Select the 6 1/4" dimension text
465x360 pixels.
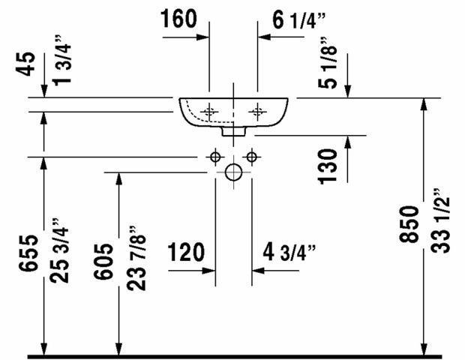click(298, 20)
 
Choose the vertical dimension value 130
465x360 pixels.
click(326, 165)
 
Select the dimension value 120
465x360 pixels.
click(186, 252)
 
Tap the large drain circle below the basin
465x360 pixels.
click(234, 173)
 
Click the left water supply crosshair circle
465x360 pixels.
click(215, 157)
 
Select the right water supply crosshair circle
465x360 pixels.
click(252, 157)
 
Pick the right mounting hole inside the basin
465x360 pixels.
click(258, 112)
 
